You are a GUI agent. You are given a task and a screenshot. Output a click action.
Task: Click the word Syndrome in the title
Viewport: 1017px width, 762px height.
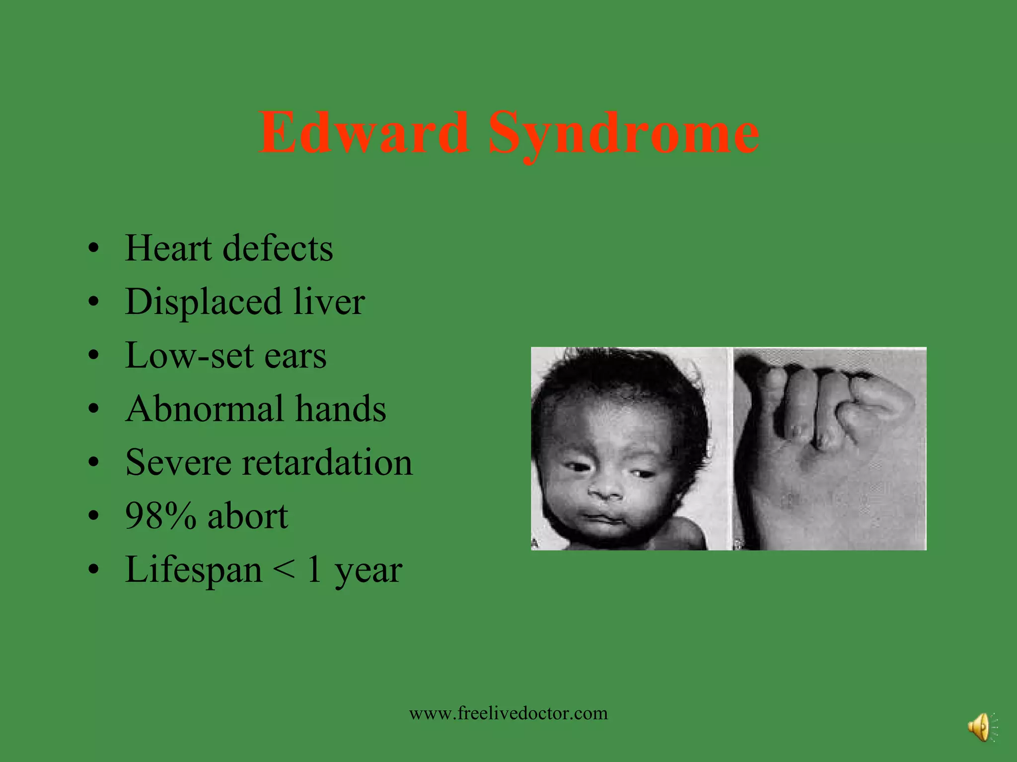pyautogui.click(x=624, y=134)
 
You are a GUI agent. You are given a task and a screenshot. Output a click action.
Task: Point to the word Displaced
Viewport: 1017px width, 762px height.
pyautogui.click(x=203, y=303)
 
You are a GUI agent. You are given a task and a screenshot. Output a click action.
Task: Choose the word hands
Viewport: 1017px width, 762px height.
pyautogui.click(x=341, y=409)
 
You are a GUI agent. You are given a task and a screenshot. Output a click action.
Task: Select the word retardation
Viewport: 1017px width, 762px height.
pyautogui.click(x=327, y=462)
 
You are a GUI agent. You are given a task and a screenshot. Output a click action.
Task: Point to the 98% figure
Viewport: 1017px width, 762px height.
pyautogui.click(x=160, y=516)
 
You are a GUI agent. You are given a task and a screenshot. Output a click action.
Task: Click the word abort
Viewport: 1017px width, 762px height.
pyautogui.click(x=248, y=516)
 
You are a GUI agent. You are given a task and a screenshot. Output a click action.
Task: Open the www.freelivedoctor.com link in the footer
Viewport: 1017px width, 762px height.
pyautogui.click(x=508, y=713)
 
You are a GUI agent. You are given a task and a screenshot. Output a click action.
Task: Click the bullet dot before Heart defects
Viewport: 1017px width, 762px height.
pyautogui.click(x=93, y=248)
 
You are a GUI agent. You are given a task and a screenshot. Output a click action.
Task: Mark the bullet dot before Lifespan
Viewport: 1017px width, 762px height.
pyautogui.click(x=93, y=570)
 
